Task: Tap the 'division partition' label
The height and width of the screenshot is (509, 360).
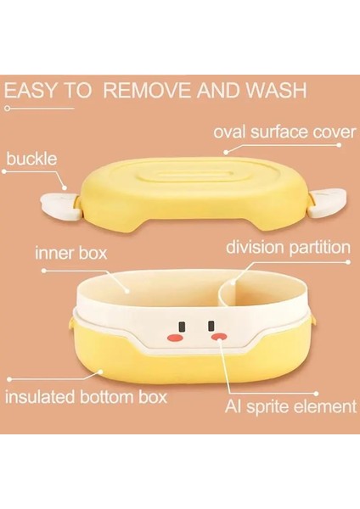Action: (x=288, y=249)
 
